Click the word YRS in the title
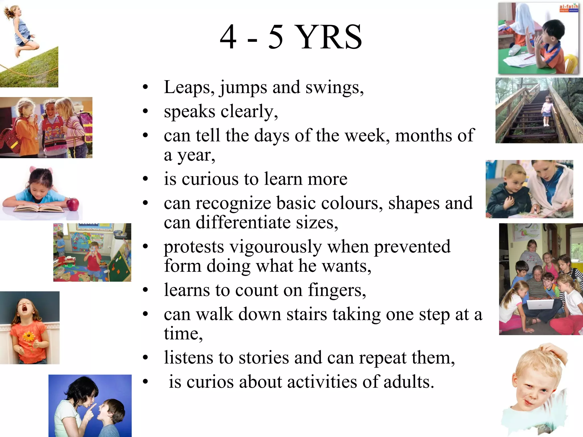329,37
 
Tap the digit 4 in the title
228,37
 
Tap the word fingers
337,290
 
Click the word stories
264,358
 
